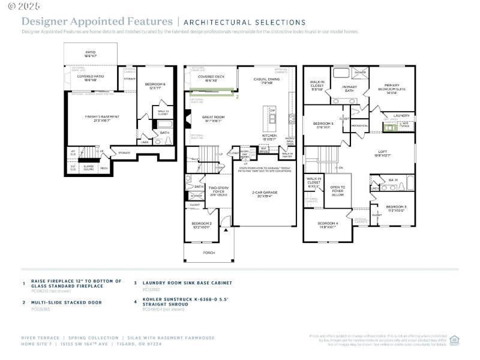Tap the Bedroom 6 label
pyautogui.click(x=155, y=86)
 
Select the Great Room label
pyautogui.click(x=212, y=119)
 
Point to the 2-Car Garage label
pyautogui.click(x=265, y=194)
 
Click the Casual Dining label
pyautogui.click(x=266, y=80)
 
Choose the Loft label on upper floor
pyautogui.click(x=383, y=153)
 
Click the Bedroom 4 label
pyautogui.click(x=329, y=225)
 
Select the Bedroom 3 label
pyautogui.click(x=396, y=208)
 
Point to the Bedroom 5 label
pyautogui.click(x=323, y=125)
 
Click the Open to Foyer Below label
pyautogui.click(x=338, y=190)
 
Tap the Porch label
pyautogui.click(x=208, y=253)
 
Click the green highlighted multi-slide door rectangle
pyautogui.click(x=211, y=92)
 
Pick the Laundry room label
pyautogui.click(x=401, y=116)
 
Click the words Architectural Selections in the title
pyautogui.click(x=244, y=22)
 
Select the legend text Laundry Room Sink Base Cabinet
pyautogui.click(x=187, y=283)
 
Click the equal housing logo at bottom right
pyautogui.click(x=454, y=340)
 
